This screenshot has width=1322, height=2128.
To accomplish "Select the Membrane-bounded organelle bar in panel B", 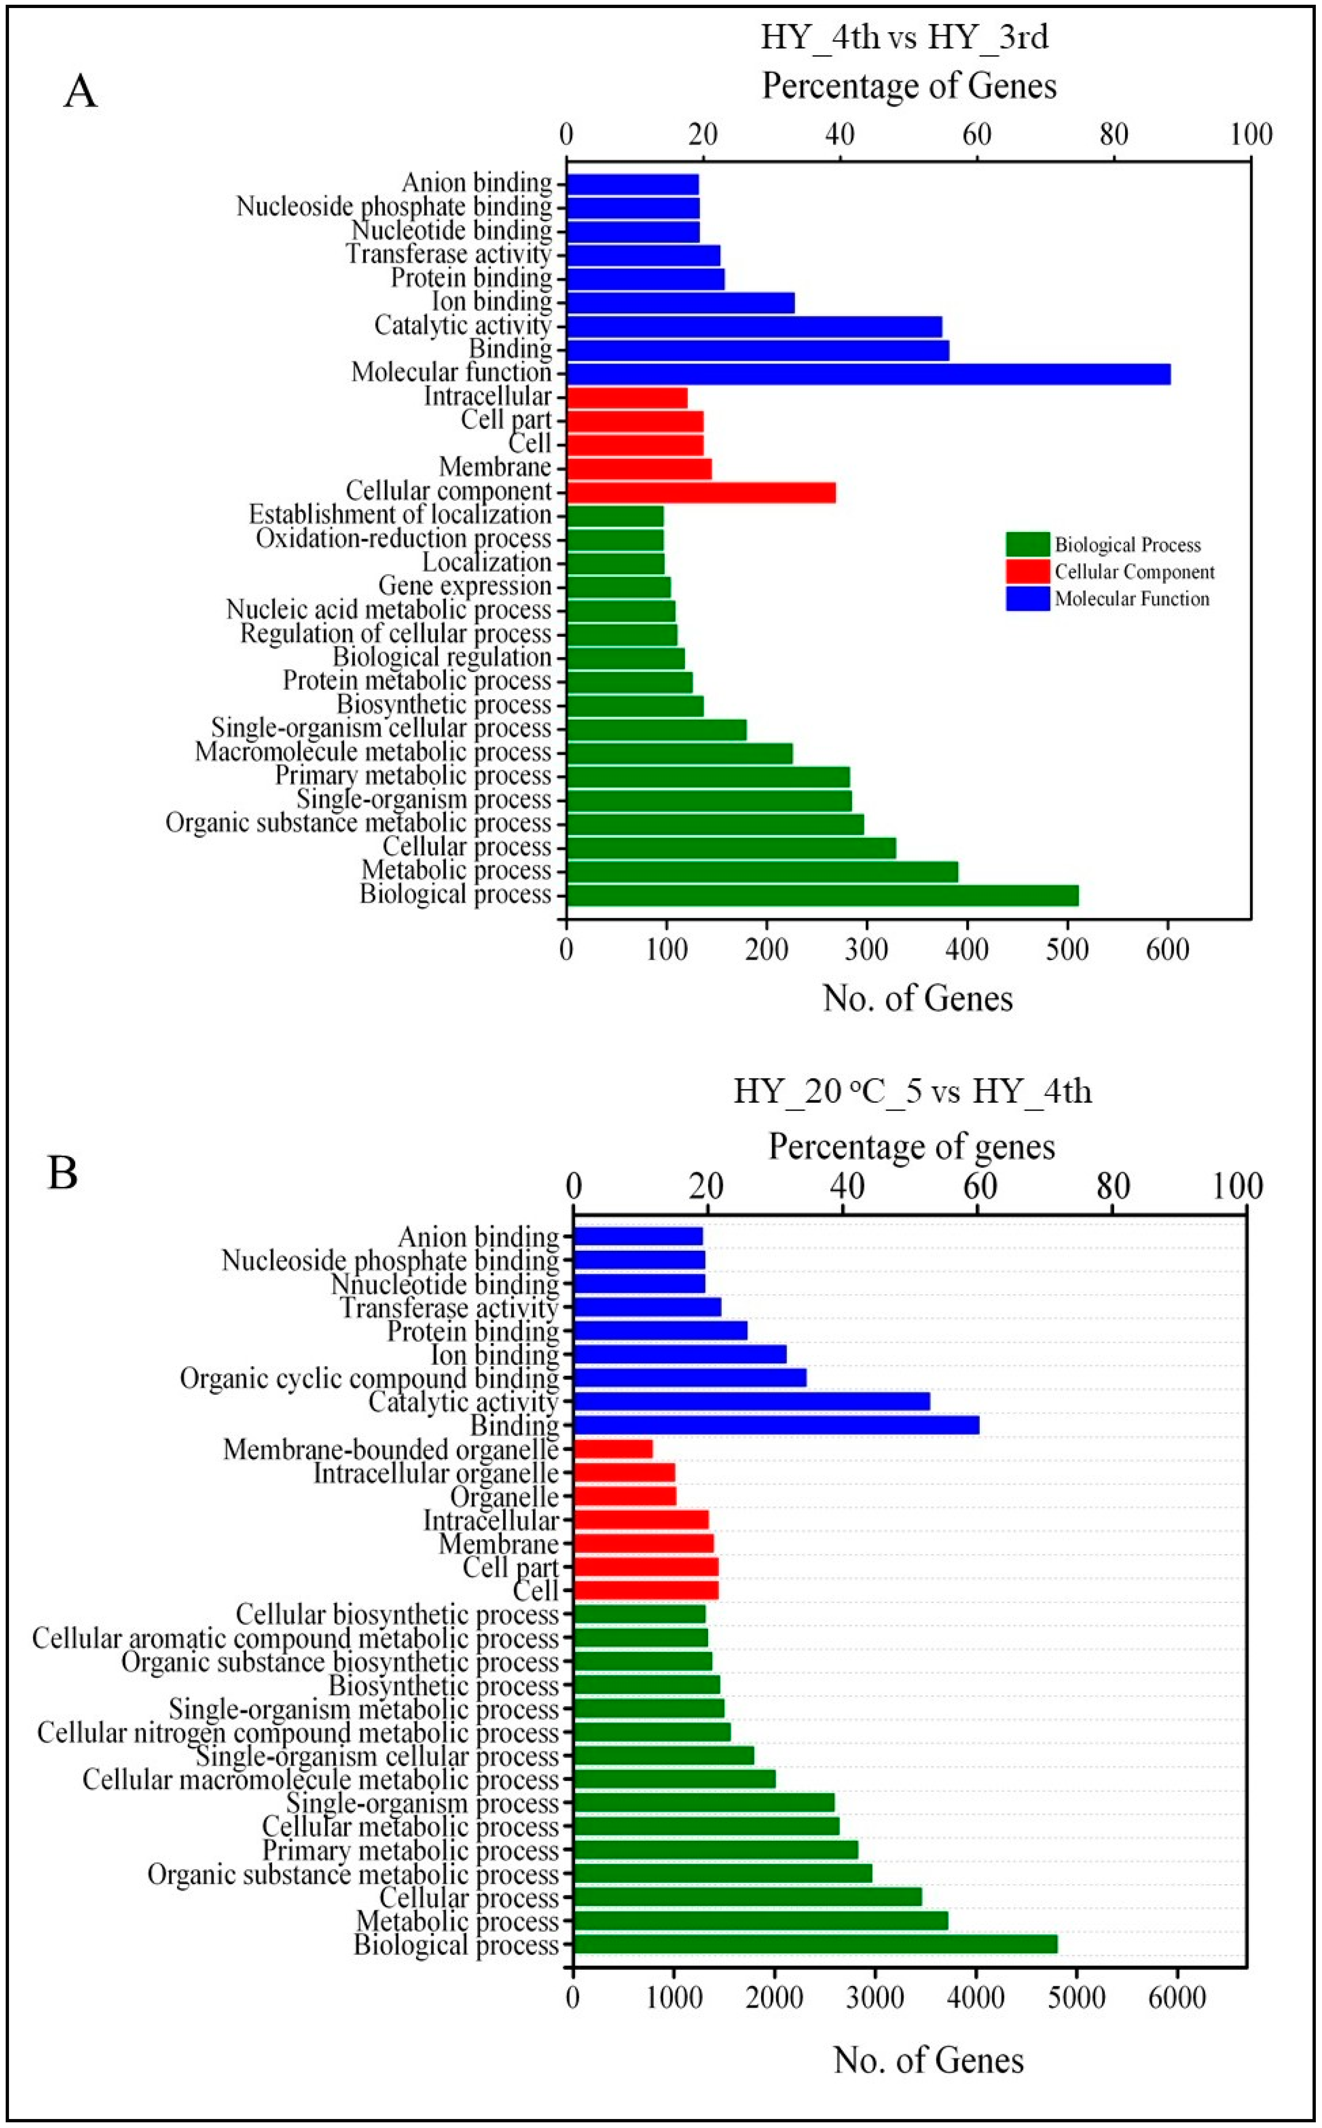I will click(613, 1449).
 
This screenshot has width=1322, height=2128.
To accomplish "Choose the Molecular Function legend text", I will click(1131, 599).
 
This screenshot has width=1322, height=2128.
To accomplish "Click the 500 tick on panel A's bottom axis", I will click(1067, 949).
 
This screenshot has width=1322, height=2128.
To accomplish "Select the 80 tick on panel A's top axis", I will click(1114, 134).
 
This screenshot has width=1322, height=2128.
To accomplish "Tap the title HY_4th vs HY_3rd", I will click(904, 37).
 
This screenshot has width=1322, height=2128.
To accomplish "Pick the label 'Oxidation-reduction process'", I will click(403, 539).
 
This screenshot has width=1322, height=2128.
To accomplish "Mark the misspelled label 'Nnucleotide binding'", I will click(444, 1284).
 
